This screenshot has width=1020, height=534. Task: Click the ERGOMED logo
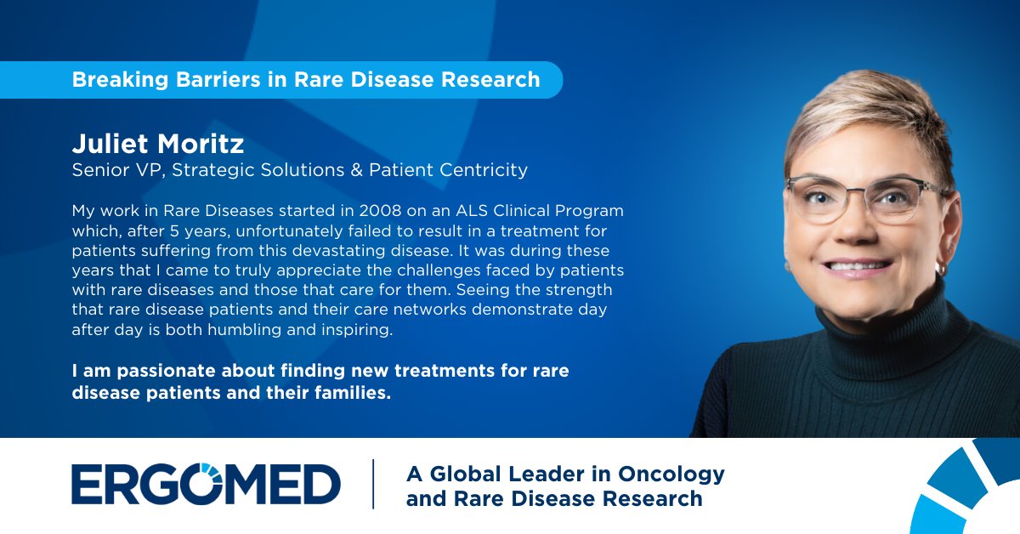click(x=206, y=484)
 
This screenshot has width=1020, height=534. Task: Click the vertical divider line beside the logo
click(x=373, y=484)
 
